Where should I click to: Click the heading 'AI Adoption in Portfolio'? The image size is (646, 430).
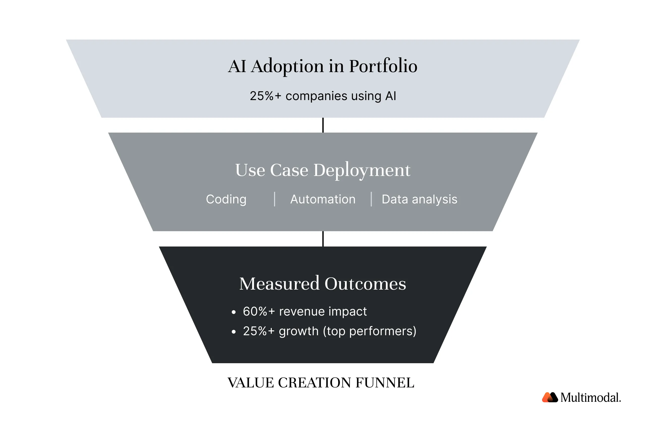pos(322,66)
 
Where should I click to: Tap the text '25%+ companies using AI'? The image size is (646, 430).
pos(323,96)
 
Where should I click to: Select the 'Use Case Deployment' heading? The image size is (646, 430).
pos(322,170)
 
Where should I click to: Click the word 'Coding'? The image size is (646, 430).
pos(226,199)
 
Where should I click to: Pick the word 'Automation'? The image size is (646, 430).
pos(322,199)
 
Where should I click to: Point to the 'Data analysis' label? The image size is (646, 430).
pos(419,199)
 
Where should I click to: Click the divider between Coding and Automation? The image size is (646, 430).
pos(275,199)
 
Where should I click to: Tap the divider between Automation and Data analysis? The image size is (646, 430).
pos(371,199)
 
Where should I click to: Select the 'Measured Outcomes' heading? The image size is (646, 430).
pos(322,284)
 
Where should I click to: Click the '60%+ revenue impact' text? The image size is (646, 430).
pos(305,312)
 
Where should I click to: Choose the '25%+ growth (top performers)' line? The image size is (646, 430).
pos(330,331)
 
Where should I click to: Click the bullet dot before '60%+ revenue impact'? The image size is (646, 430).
pos(234,312)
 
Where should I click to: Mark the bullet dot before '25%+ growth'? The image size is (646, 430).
pos(234,332)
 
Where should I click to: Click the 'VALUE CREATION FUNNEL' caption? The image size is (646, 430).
pos(321,383)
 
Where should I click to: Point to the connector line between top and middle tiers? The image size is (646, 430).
pos(323,125)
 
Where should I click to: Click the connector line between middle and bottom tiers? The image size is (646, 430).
pos(323,239)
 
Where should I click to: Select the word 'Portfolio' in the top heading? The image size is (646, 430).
pos(383,66)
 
